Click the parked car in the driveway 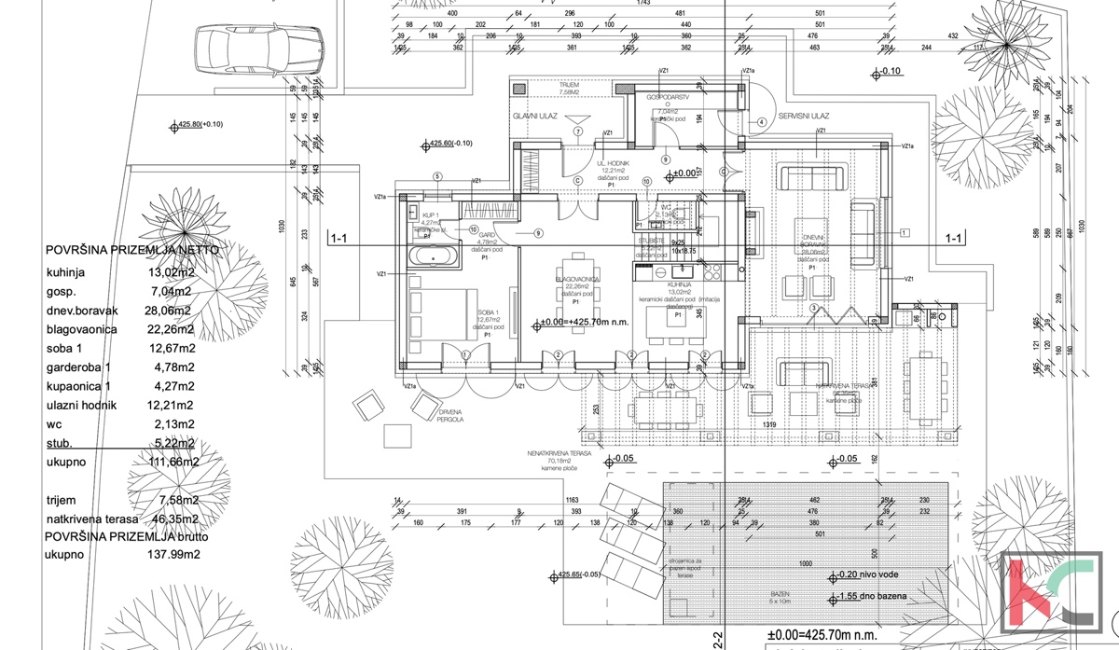[258, 45]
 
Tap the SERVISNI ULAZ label [805, 116]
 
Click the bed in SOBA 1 [439, 312]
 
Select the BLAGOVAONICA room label [577, 279]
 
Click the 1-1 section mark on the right [953, 239]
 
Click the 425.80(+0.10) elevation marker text [202, 124]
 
